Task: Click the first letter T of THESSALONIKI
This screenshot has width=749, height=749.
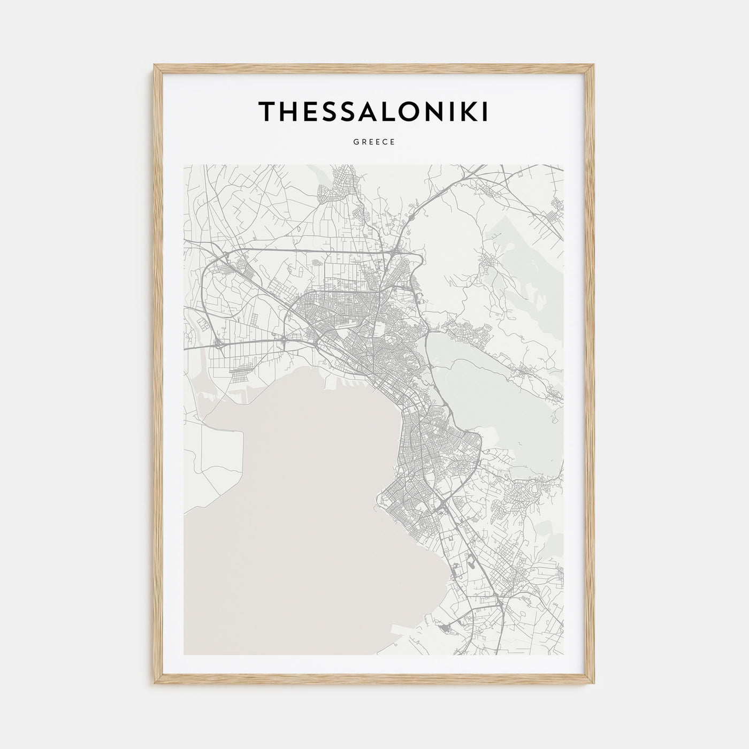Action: click(268, 111)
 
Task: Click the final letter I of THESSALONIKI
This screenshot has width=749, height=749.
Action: click(485, 111)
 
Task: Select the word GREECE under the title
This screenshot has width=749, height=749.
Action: click(374, 142)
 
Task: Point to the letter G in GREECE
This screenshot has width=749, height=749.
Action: click(356, 142)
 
